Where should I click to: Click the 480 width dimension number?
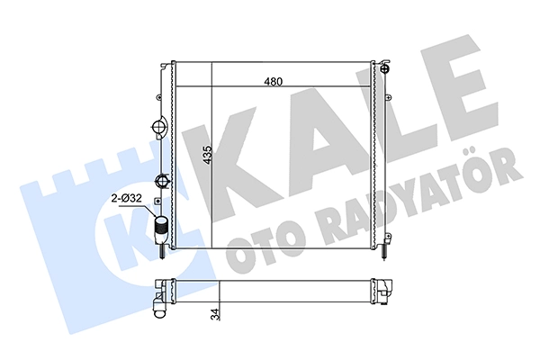[273, 82]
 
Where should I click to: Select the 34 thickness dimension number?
[216, 314]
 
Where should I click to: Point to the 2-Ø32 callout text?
[126, 199]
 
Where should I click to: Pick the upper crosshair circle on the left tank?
[159, 127]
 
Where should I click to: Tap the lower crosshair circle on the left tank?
[161, 180]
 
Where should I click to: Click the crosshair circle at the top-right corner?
[384, 68]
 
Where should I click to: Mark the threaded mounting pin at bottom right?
[384, 253]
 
